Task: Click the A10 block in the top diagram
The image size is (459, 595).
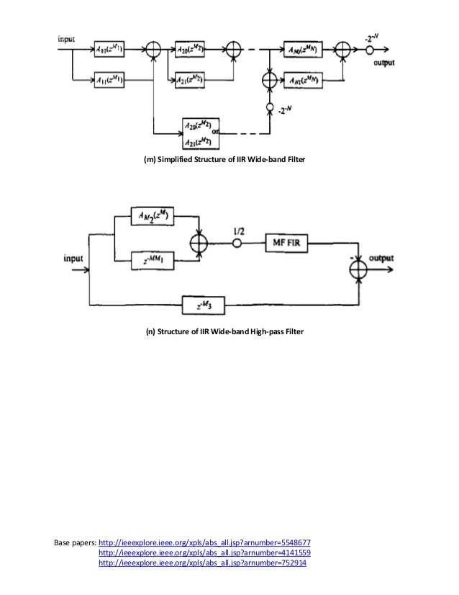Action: coord(112,50)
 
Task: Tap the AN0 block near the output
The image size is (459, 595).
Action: coord(302,50)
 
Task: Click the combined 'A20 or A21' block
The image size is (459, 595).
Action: coord(199,133)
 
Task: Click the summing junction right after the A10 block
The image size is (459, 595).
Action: coord(153,50)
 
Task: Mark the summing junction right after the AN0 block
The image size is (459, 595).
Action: coord(345,50)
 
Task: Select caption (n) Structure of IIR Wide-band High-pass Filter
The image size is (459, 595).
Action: coord(225,332)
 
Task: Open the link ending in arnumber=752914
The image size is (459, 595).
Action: coord(202,563)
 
